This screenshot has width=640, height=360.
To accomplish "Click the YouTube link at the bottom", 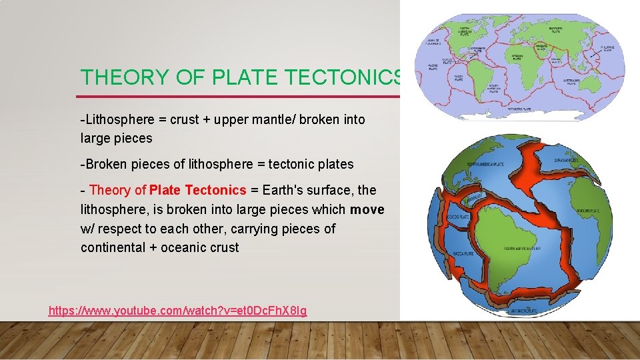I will (178, 311).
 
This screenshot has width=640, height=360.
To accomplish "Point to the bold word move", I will (367, 209).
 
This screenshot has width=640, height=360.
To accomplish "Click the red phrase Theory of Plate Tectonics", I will (167, 190).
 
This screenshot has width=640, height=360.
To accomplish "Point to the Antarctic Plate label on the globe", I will (521, 309).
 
